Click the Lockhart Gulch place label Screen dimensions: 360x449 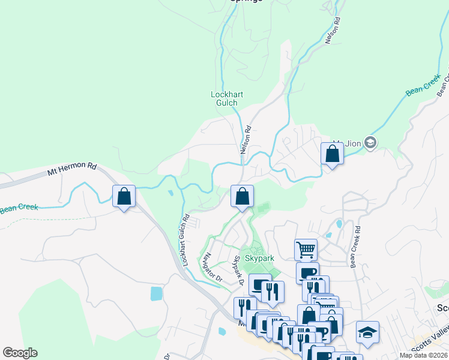(x=224, y=98)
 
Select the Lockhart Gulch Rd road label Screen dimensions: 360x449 (x=183, y=241)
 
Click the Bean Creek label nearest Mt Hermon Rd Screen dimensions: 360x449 (x=19, y=208)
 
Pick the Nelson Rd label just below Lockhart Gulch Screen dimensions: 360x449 (x=246, y=139)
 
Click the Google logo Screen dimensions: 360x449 (x=20, y=353)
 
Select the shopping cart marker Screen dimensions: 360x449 (x=306, y=249)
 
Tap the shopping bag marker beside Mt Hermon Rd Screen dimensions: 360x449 (x=124, y=196)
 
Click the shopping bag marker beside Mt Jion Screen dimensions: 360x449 (x=332, y=154)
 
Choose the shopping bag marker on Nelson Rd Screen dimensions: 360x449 (x=242, y=196)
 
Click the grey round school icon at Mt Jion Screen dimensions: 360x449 (x=370, y=143)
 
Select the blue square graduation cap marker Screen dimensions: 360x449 (x=367, y=332)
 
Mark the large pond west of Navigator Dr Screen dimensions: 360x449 (x=157, y=293)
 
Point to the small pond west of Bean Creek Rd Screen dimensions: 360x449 (x=340, y=224)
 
